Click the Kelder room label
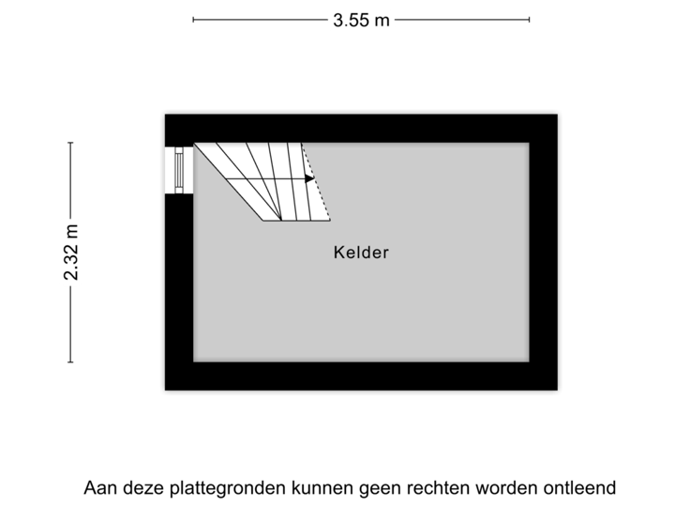click(x=361, y=253)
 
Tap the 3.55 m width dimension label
click(x=361, y=19)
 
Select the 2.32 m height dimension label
click(x=70, y=252)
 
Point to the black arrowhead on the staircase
click(x=309, y=178)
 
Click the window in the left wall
click(x=177, y=170)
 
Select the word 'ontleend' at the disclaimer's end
click(x=582, y=488)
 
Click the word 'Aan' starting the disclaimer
click(x=98, y=488)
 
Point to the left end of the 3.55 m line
click(x=193, y=19)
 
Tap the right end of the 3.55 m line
click(x=529, y=19)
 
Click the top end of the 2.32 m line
click(x=70, y=143)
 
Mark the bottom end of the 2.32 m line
click(x=70, y=361)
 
